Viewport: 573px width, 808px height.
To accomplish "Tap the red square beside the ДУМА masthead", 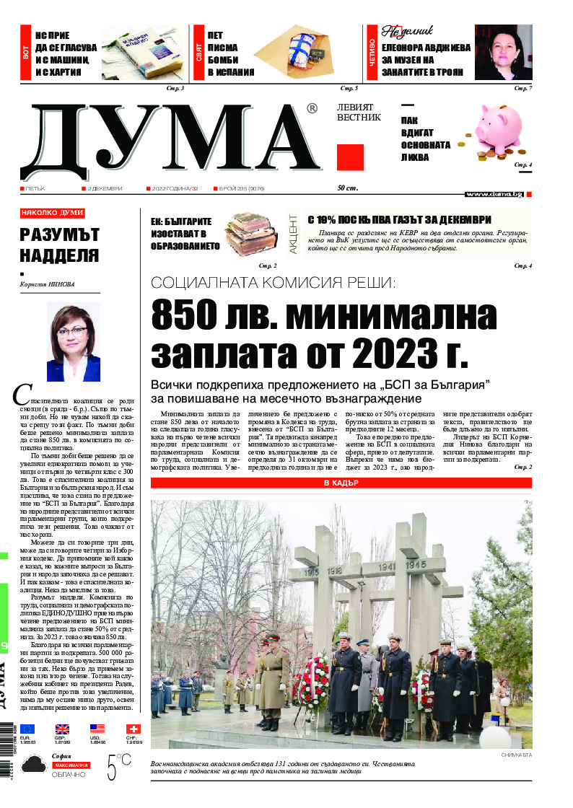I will pos(350,157).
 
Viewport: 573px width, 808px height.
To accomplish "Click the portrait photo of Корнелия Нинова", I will pos(73,341).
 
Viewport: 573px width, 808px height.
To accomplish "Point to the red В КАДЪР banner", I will pos(341,483).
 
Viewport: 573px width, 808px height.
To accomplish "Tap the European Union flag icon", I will pos(27,729).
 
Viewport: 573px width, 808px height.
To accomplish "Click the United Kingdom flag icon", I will pos(62,729).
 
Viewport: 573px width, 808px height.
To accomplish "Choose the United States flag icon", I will pos(97,729).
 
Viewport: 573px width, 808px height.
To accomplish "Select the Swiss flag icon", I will pos(134,729).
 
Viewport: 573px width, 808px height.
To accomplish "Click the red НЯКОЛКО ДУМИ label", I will pos(53,213).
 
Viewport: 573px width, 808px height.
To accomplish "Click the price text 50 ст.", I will pos(348,188).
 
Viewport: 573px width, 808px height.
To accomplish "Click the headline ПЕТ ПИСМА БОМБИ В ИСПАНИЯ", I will pos(230,53).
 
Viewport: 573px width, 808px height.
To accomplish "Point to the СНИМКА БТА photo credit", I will pos(515,755).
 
